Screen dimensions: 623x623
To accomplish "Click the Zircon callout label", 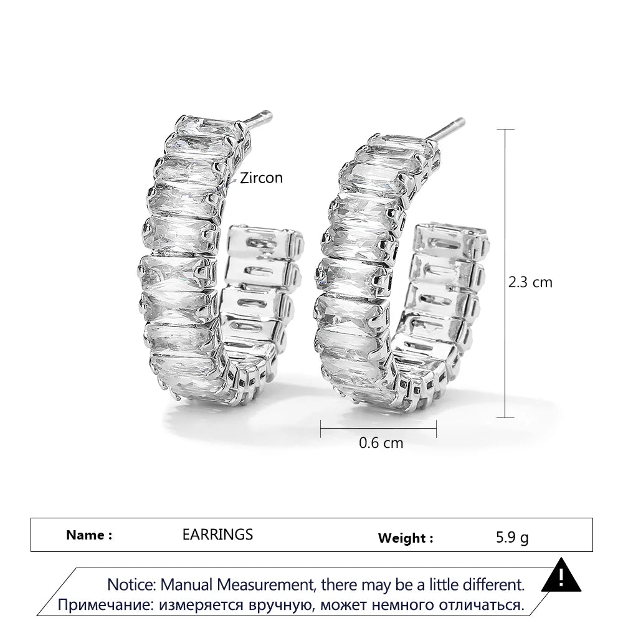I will (261, 178).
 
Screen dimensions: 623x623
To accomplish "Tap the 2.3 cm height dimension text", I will (530, 282).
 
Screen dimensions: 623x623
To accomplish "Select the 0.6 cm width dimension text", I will (381, 443).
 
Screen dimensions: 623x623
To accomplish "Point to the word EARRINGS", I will (217, 535).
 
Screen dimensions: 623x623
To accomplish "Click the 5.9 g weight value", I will (512, 538).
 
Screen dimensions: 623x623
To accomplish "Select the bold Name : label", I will (89, 535).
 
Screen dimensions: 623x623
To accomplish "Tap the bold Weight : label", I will (406, 538).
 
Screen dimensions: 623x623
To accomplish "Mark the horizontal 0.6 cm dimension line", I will (378, 428).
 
